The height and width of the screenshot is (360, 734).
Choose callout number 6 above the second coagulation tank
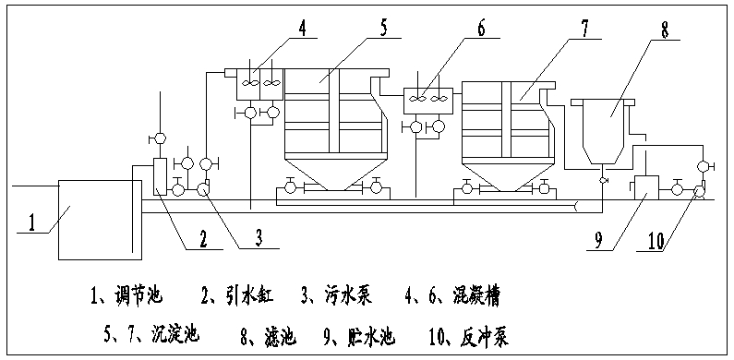click(x=480, y=28)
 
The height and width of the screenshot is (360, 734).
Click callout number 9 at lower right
click(x=600, y=242)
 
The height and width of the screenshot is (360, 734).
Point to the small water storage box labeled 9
click(x=644, y=186)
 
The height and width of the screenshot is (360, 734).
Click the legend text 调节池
click(x=139, y=296)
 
